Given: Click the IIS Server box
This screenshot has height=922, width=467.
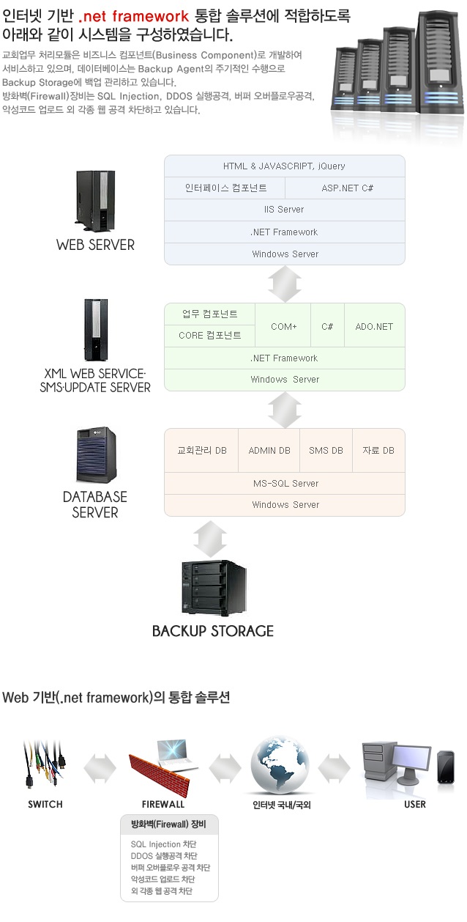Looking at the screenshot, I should click(284, 210).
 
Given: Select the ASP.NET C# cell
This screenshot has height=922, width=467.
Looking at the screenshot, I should click(348, 188).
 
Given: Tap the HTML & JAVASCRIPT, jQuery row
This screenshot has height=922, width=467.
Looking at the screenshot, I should click(284, 166).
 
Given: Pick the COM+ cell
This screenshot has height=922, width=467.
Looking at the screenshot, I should click(283, 326).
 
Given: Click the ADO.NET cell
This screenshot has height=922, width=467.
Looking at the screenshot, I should click(374, 326).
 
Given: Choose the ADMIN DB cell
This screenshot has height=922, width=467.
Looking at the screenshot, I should click(269, 450).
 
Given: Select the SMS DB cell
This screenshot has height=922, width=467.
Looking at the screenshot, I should click(326, 450).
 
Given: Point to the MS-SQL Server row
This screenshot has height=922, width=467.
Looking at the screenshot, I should click(284, 483).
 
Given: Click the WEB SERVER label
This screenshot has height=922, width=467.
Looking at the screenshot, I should click(95, 245).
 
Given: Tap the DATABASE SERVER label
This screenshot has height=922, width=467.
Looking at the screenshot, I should click(95, 504).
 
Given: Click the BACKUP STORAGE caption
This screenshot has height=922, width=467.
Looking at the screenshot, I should click(212, 630).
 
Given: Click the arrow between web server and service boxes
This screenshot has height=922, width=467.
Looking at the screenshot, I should click(285, 284).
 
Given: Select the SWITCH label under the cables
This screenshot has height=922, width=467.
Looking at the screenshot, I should click(45, 804).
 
